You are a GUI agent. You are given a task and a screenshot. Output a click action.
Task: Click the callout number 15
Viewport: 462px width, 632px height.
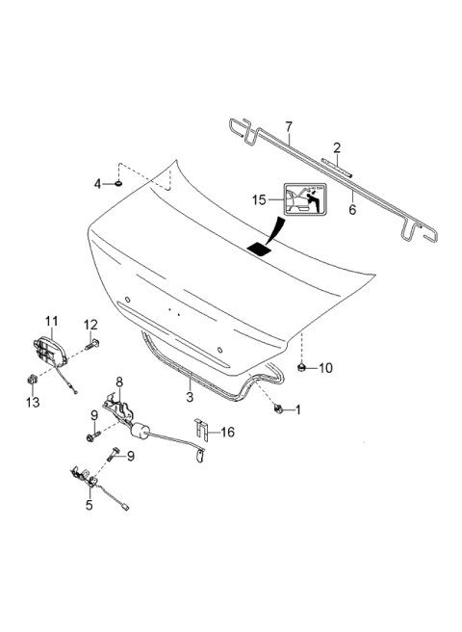coord(258,199)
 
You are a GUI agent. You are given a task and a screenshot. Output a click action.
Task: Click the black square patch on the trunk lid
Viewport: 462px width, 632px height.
coord(261,248)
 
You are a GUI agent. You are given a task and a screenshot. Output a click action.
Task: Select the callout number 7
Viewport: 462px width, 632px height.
coord(288,127)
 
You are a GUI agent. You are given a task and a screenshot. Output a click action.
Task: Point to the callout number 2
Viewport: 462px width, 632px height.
coord(337,147)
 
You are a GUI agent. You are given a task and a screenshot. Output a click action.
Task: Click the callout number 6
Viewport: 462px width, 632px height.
coord(352,207)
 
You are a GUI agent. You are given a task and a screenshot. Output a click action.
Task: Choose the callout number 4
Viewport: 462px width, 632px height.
coord(97,183)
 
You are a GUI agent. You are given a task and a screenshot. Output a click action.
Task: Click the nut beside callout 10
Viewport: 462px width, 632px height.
coord(302,366)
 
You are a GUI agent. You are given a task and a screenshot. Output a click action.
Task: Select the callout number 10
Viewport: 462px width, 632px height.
coord(324,367)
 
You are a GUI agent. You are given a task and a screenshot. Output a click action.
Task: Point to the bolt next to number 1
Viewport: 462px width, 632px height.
coord(278,408)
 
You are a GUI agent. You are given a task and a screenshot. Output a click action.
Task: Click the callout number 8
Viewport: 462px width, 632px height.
coord(119,382)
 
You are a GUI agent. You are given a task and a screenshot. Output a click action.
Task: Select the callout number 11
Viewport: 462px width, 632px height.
coord(52,320)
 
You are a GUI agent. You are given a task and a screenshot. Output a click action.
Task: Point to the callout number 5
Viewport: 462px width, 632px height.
coord(90,503)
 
